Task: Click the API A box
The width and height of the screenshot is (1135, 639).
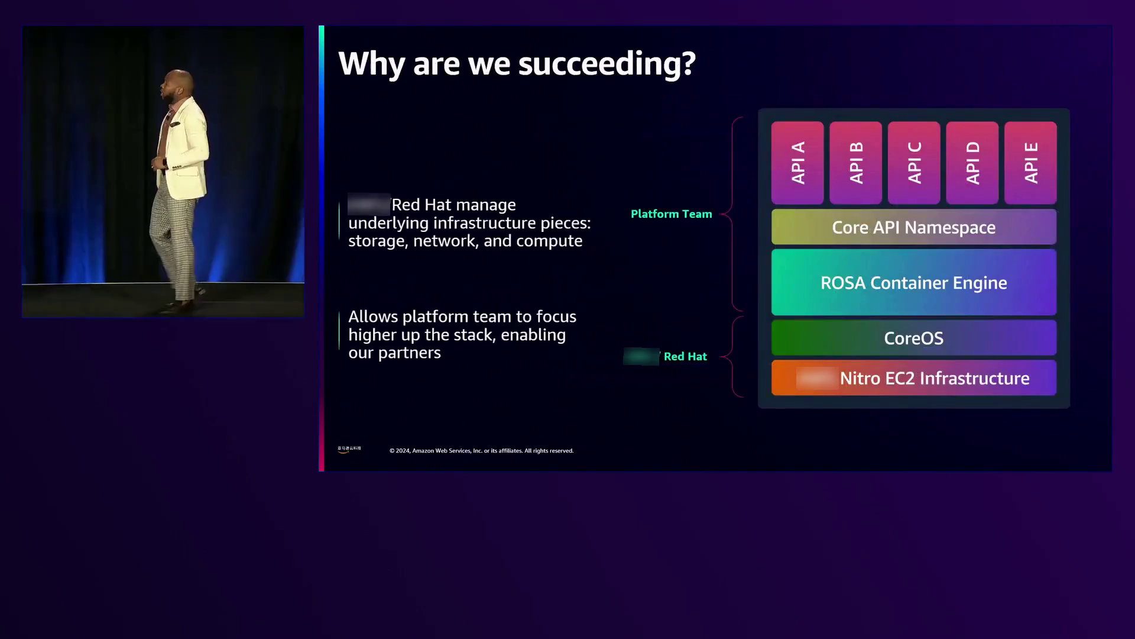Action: click(797, 163)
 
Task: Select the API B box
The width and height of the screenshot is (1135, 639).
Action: click(855, 163)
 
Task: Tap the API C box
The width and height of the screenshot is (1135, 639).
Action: click(914, 163)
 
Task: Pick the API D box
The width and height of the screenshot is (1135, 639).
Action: click(972, 163)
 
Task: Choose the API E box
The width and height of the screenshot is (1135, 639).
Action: click(1030, 163)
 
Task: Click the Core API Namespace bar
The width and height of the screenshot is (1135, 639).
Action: click(913, 227)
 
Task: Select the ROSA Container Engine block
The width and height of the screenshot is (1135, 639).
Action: click(913, 282)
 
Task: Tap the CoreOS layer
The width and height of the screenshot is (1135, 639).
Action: click(913, 338)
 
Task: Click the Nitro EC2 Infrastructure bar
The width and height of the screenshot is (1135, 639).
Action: click(913, 378)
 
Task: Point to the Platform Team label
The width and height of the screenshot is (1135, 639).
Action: click(671, 214)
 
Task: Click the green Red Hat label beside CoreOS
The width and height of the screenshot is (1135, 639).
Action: click(685, 356)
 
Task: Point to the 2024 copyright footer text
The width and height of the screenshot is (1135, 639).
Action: click(481, 451)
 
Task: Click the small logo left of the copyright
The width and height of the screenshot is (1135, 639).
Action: click(349, 450)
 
